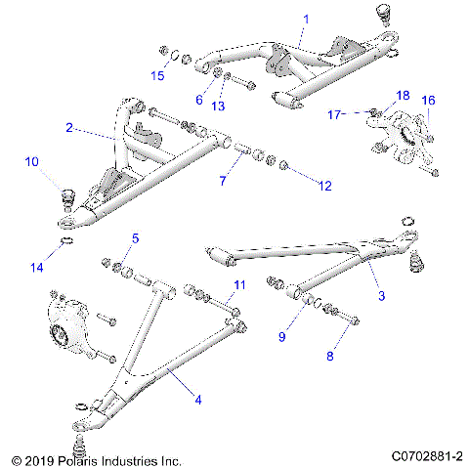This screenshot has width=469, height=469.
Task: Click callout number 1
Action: pos(305,19)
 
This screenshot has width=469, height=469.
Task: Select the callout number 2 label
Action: pos(68,127)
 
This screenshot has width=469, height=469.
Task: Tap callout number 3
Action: pos(382,294)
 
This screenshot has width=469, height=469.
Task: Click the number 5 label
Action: pos(135,238)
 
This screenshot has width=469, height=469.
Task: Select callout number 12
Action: pos(326,185)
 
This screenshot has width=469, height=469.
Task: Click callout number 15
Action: pos(157,76)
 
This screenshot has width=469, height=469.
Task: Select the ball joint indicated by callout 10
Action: pos(69,193)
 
